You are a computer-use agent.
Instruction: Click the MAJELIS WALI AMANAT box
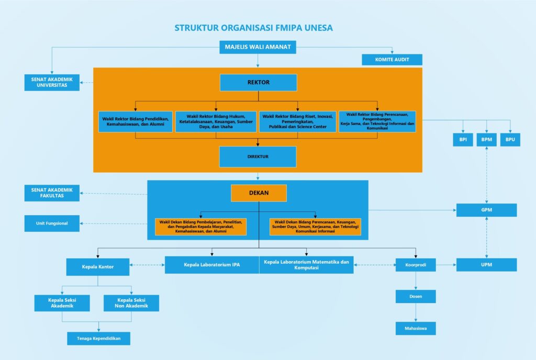[258, 48]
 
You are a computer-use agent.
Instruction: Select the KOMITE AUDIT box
[392, 60]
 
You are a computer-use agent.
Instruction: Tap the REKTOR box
[258, 83]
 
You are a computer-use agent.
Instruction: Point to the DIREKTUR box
[258, 156]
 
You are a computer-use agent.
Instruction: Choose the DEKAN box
[259, 193]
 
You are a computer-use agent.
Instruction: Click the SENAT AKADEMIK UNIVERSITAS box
[52, 82]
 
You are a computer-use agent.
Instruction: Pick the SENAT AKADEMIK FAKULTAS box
[52, 193]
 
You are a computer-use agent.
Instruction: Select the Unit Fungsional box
[52, 223]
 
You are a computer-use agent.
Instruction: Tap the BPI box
[463, 140]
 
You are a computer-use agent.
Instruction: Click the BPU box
[510, 140]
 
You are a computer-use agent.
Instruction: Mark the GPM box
[486, 210]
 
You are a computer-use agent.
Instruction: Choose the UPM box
[486, 265]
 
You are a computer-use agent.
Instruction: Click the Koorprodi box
[416, 265]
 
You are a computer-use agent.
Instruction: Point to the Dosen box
[416, 297]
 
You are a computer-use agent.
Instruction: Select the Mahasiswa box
[416, 328]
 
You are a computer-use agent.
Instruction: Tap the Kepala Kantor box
[98, 267]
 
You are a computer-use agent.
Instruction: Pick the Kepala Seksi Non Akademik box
[131, 303]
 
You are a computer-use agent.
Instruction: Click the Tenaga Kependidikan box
[98, 339]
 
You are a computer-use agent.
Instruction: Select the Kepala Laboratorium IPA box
[211, 265]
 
